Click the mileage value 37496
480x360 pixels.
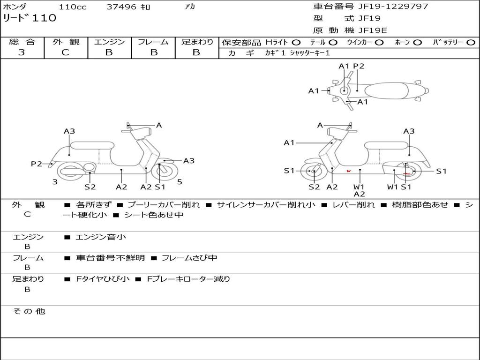[x=121, y=7]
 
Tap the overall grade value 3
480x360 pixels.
[x=22, y=52]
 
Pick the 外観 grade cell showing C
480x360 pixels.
[x=66, y=52]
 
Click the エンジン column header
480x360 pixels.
[x=109, y=42]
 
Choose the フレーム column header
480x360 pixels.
[x=153, y=42]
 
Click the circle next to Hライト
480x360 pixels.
[x=296, y=43]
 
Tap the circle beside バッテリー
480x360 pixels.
[x=471, y=43]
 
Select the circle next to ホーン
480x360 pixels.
[x=417, y=43]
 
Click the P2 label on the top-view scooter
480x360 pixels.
[x=359, y=66]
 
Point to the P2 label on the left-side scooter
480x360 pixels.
[x=37, y=164]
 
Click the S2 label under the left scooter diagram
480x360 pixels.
[x=90, y=187]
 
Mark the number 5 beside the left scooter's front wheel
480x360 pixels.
[x=180, y=182]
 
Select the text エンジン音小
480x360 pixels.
[x=101, y=237]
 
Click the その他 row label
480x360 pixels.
[x=29, y=311]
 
